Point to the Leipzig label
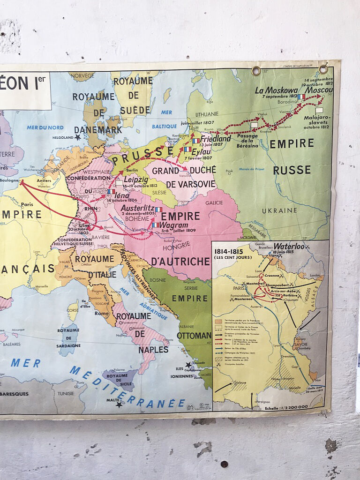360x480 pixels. [x=136, y=180]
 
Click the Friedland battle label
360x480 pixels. [x=216, y=139]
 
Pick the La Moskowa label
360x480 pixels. [x=276, y=90]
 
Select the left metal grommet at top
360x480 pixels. [x=256, y=71]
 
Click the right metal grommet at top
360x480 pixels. [x=323, y=69]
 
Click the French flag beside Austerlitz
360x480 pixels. [x=158, y=210]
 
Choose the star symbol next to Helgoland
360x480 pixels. [x=77, y=137]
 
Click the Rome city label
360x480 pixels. [x=102, y=314]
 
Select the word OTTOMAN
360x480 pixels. [x=194, y=336]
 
